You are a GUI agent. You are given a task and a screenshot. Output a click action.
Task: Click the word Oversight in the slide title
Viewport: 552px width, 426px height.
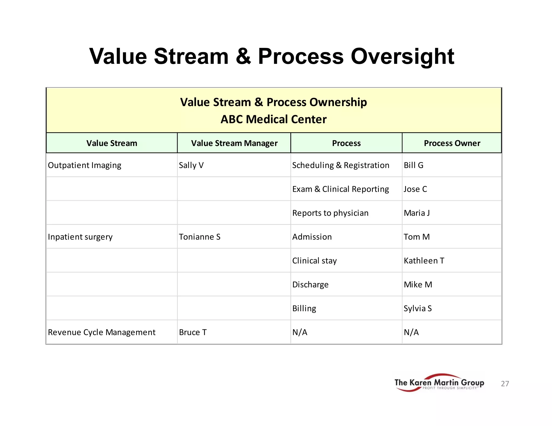pos(402,57)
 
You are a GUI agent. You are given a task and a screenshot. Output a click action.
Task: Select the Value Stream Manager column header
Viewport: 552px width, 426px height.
pos(234,143)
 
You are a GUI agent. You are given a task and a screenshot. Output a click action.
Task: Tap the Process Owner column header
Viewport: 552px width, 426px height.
pos(452,143)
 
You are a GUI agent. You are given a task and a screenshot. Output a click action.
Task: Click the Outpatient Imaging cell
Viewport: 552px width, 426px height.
pos(84,165)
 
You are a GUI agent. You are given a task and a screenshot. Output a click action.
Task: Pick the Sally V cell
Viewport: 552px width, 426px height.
pos(191,165)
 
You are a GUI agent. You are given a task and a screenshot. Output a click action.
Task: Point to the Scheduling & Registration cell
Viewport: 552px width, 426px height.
pos(340,165)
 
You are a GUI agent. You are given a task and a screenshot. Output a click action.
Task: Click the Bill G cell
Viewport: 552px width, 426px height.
pos(413,165)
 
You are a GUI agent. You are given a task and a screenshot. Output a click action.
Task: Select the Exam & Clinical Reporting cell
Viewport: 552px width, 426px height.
pos(340,189)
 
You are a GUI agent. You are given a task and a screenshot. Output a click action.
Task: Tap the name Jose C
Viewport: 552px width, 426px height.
pos(415,189)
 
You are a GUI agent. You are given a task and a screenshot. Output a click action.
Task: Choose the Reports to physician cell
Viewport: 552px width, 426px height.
pos(330,213)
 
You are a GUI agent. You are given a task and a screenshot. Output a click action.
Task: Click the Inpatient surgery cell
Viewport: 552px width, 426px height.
pos(80,237)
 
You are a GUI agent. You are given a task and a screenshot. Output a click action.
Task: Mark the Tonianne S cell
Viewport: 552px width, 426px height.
pos(199,237)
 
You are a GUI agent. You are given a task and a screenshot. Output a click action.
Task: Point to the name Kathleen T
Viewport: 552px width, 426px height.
pos(424,261)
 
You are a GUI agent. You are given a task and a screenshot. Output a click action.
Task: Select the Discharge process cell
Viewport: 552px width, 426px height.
pos(310,285)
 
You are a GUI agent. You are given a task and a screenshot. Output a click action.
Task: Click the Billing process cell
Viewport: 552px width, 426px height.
pos(304,308)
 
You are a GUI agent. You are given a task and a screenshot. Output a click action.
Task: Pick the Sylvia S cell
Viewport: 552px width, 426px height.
pos(418,308)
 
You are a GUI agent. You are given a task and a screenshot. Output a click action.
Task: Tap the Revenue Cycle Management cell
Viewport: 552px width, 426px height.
pos(102,332)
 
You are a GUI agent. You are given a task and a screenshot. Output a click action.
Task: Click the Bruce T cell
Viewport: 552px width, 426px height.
pos(193,332)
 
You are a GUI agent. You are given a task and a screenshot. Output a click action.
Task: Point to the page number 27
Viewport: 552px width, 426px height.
pos(505,384)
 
